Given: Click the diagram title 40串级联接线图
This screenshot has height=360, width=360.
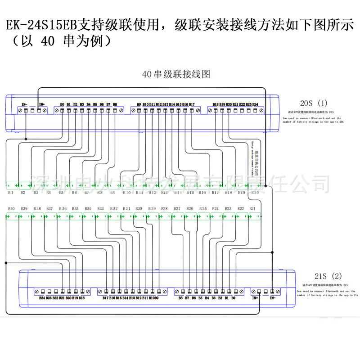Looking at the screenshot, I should coord(176,74).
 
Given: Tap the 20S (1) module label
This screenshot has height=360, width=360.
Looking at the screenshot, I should coord(314,103).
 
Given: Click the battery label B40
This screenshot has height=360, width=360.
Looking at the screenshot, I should coord(11,209).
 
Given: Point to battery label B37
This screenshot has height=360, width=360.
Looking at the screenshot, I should coord(49,209).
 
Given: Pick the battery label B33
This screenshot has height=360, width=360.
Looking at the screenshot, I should coord(100,209).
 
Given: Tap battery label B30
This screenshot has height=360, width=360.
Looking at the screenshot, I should coord(139,209).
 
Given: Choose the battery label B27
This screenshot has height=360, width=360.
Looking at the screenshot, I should coord(177,209).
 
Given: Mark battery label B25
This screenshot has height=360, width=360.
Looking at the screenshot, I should coord(203,209).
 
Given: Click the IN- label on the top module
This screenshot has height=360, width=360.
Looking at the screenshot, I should coord(24,104).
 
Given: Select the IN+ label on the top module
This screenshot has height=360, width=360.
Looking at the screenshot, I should coord(41,104).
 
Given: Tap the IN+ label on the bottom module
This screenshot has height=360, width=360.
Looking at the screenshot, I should coord(255,297).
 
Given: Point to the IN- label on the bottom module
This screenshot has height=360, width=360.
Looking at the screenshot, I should coord(272,297).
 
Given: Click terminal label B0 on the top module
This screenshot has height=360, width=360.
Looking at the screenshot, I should coord(62,104).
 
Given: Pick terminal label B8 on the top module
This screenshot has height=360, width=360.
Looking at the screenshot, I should coord(115,104).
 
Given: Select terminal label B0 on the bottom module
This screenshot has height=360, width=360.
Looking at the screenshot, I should coord(233,297).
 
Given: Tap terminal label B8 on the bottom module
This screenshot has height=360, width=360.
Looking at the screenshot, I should coord(180,297).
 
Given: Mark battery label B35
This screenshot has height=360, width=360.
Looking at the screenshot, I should coord(75,209).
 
